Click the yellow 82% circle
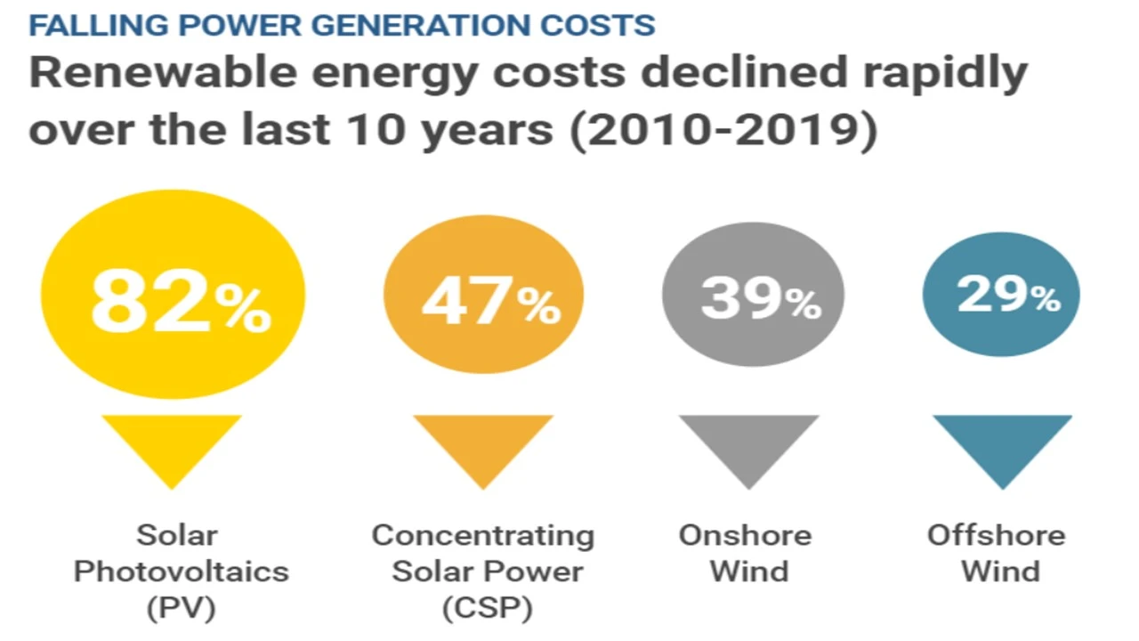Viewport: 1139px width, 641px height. point(173,295)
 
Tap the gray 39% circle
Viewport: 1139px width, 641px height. point(752,294)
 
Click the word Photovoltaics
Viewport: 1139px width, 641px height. point(181,572)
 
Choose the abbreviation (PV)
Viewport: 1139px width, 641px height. point(181,608)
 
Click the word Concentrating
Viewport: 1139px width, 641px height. point(482,536)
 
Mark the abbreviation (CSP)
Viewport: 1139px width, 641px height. point(487,608)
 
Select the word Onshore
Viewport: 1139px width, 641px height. point(745,536)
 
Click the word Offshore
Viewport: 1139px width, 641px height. point(996,536)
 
